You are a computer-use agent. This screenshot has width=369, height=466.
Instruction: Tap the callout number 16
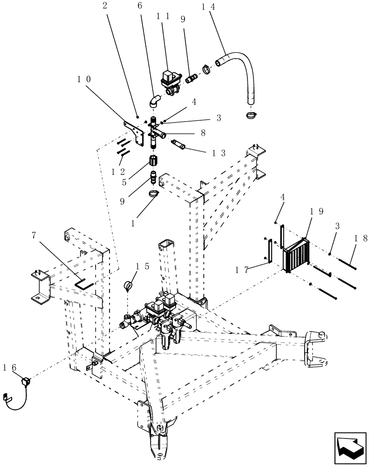coord(14,368)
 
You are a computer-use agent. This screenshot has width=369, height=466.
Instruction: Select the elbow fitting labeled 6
coord(154,100)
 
